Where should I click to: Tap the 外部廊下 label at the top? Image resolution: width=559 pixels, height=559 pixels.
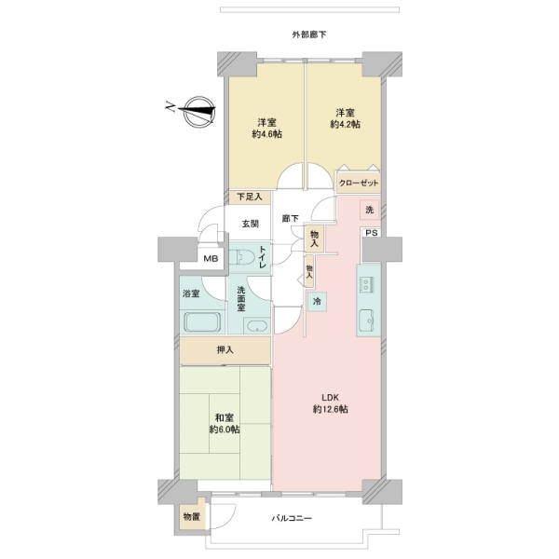click(308, 34)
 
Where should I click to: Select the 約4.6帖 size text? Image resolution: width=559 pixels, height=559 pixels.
click(267, 134)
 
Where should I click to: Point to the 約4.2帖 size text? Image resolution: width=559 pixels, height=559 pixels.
click(345, 124)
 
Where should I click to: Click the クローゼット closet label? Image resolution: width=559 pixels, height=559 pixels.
click(359, 183)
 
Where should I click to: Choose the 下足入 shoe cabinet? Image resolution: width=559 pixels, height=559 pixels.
click(250, 197)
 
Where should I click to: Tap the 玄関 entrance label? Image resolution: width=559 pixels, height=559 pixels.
click(251, 224)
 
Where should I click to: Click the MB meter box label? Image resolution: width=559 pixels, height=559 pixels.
click(211, 259)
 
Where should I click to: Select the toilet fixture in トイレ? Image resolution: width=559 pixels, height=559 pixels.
click(241, 256)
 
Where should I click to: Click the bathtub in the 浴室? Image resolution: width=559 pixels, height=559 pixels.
click(202, 321)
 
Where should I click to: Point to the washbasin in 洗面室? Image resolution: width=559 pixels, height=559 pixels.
click(257, 326)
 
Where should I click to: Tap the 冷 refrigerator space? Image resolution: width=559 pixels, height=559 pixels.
click(317, 302)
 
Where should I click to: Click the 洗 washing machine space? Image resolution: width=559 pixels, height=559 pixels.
click(369, 210)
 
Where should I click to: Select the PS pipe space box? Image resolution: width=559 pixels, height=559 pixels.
click(372, 233)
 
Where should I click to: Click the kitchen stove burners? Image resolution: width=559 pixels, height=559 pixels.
click(366, 284)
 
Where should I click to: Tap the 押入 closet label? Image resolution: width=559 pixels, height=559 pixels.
click(225, 350)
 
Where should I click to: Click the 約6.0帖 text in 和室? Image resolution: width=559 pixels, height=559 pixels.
click(225, 429)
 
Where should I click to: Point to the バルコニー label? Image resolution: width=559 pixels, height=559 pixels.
click(293, 518)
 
